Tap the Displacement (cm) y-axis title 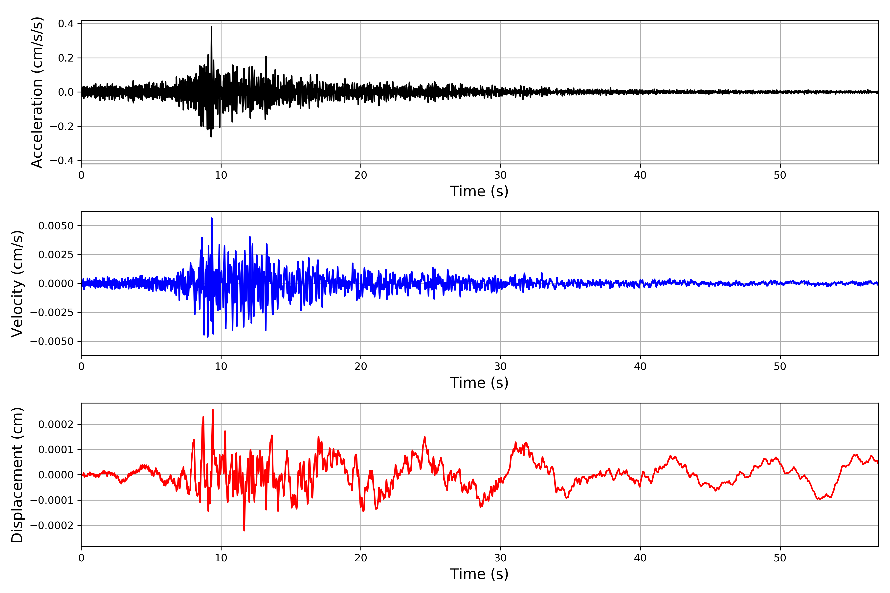(17, 475)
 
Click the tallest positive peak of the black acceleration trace (212, 27)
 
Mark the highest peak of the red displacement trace (213, 410)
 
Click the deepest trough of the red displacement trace (244, 530)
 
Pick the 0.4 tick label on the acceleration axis (66, 24)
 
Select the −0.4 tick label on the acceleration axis (62, 161)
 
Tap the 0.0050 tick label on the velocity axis (56, 226)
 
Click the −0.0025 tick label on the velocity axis (52, 312)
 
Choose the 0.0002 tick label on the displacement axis (56, 424)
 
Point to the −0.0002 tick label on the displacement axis (52, 525)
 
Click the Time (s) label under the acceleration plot (479, 191)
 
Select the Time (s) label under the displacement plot (479, 574)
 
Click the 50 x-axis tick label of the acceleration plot (780, 175)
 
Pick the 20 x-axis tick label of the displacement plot (361, 558)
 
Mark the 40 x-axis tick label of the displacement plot (640, 558)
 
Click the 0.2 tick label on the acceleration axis (66, 58)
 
